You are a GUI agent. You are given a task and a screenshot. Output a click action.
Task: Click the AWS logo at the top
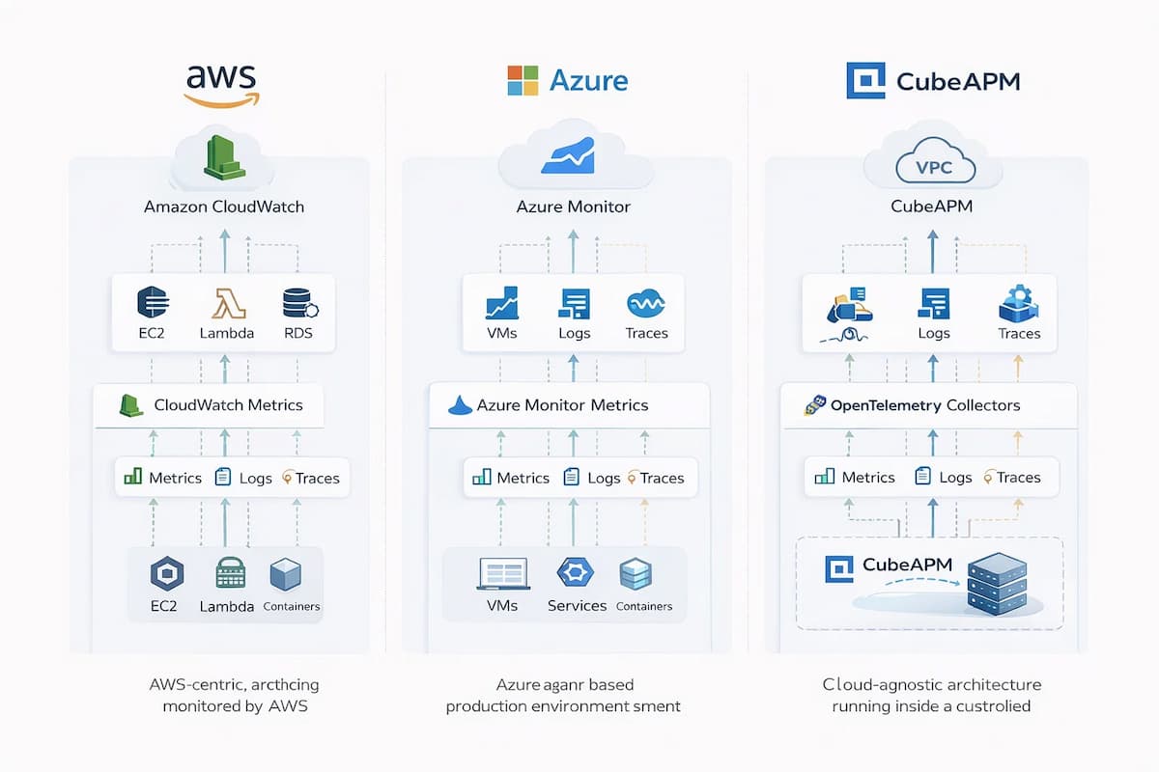[223, 84]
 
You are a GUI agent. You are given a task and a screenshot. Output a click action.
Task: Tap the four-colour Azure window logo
[523, 80]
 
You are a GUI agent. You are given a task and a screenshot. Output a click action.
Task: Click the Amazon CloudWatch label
[223, 207]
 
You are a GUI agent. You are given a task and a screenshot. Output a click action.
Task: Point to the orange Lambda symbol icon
[227, 301]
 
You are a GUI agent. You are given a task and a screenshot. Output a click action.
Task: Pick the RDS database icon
[297, 301]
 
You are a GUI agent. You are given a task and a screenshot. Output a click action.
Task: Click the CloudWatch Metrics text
[228, 405]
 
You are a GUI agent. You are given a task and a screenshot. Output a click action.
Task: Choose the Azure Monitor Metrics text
[563, 405]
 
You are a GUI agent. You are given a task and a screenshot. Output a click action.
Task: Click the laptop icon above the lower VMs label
[502, 573]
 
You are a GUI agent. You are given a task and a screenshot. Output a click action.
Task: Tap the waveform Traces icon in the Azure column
[646, 305]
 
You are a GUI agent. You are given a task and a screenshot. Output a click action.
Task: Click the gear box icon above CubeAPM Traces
[1018, 303]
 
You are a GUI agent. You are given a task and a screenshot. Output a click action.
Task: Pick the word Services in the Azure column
[577, 606]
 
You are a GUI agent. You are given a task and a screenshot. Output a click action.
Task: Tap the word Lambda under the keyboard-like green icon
[227, 607]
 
